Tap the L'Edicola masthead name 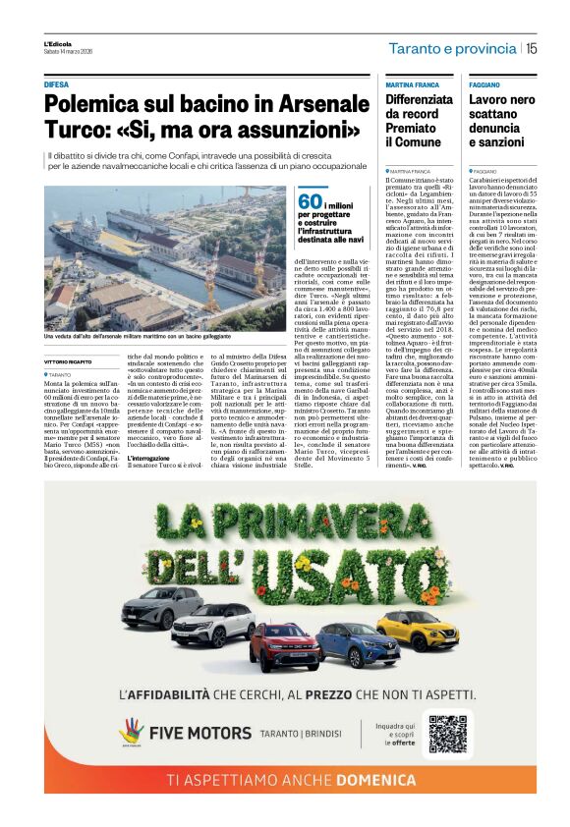pos(58,44)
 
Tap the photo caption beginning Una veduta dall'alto pos(147,336)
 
